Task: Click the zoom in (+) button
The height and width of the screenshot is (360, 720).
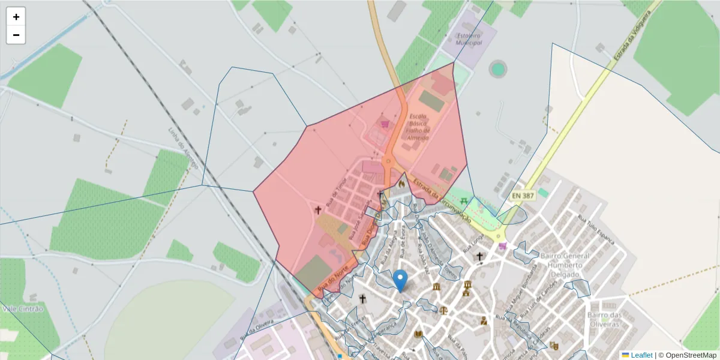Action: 16,17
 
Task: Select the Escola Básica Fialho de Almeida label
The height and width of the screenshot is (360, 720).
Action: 418,127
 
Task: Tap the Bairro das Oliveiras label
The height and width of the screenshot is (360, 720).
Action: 604,319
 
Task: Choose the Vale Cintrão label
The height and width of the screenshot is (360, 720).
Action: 23,308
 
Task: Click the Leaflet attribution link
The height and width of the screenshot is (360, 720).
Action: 641,355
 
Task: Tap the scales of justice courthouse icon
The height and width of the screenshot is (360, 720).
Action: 443,311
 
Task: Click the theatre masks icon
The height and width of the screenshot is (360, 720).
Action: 554,346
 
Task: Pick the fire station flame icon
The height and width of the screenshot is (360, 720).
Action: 401,184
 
